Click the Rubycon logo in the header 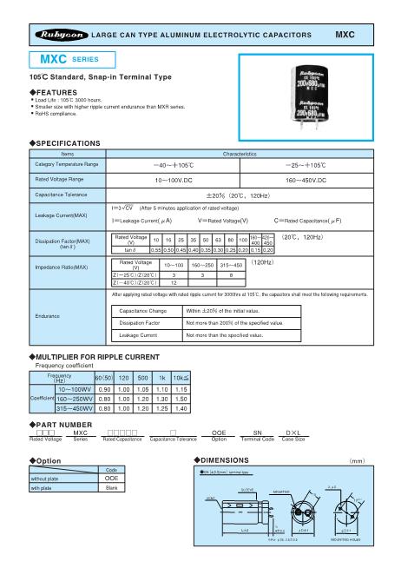click(57, 31)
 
